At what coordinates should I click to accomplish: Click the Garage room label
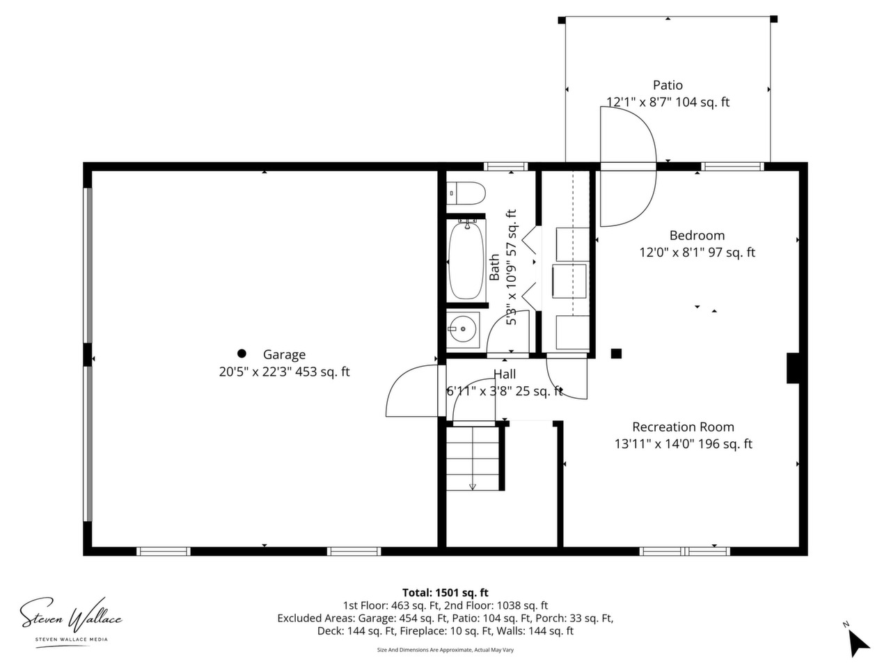(284, 354)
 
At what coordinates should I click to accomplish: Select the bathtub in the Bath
(466, 260)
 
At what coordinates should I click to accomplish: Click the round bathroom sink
(463, 329)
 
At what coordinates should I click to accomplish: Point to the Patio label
(668, 85)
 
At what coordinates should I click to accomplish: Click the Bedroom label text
(697, 235)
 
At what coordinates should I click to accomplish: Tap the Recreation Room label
(683, 427)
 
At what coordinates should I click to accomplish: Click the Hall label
(505, 374)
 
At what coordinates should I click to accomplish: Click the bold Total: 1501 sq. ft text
(445, 593)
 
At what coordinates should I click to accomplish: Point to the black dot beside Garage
(242, 353)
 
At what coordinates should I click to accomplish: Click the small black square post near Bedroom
(616, 353)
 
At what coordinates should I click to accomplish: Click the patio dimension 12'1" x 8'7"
(638, 102)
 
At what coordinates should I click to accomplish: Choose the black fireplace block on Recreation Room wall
(793, 368)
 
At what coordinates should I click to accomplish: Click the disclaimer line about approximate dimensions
(445, 650)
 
